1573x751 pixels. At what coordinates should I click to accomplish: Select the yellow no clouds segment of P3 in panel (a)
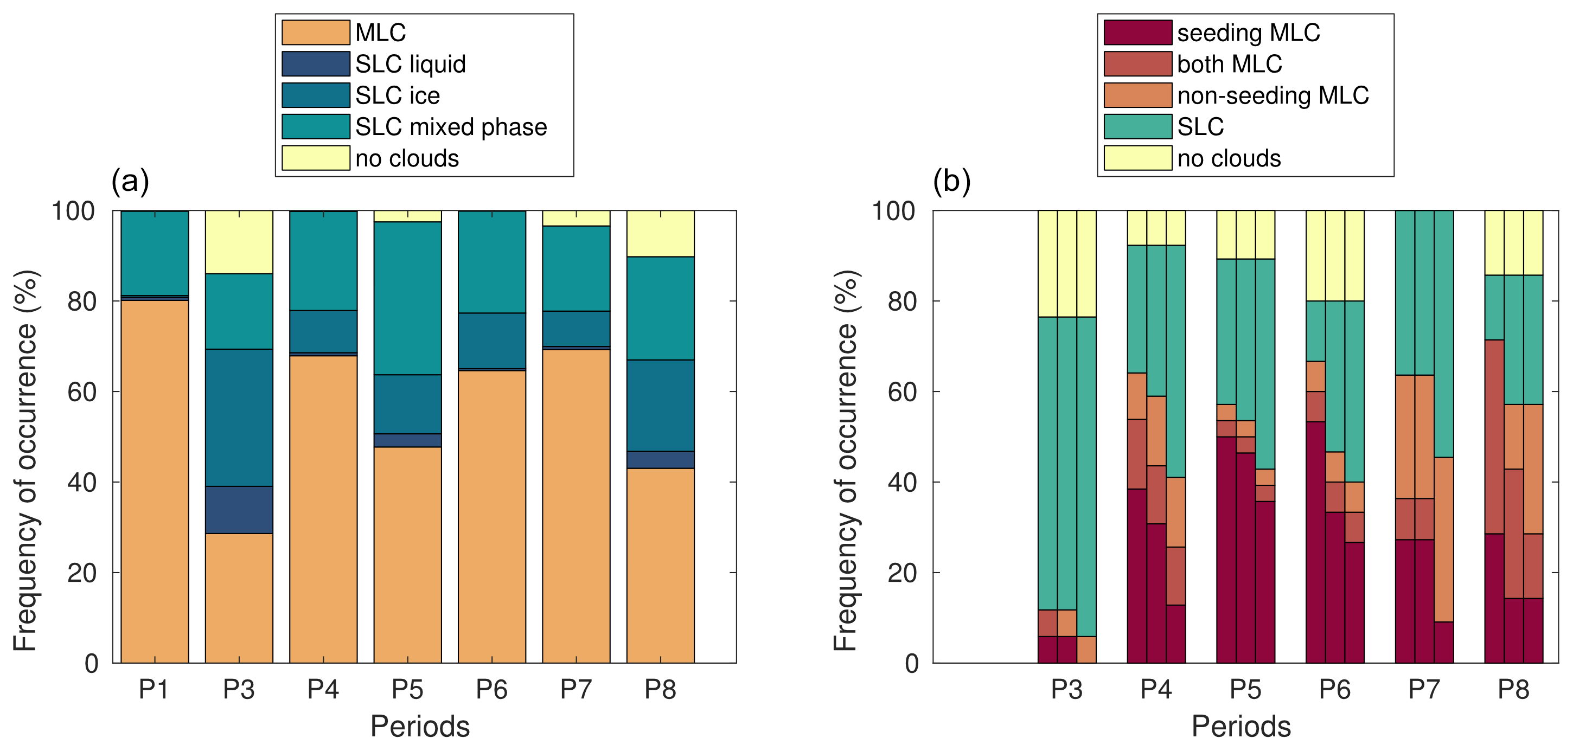pos(239,242)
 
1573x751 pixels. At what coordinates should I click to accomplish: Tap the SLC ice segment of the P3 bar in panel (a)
pos(239,417)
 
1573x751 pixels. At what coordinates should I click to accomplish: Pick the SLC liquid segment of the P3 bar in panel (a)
pos(239,509)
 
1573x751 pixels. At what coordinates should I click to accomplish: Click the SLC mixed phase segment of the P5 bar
pos(407,298)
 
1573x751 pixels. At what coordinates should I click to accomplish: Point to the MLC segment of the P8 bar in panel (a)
pos(660,565)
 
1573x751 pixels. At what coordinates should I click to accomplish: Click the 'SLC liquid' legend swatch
pos(316,64)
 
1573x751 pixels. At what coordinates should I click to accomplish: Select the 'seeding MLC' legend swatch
pos(1137,33)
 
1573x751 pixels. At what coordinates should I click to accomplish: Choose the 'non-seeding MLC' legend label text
pos(1273,96)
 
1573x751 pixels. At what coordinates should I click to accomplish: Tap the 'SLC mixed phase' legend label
pos(451,127)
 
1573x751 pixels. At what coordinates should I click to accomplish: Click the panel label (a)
pos(130,181)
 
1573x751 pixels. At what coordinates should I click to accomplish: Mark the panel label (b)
pos(951,181)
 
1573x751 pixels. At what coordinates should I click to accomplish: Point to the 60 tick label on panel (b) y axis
pos(902,392)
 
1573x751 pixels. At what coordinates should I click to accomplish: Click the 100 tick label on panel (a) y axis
pos(73,211)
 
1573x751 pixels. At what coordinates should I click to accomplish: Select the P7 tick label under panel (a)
pos(576,689)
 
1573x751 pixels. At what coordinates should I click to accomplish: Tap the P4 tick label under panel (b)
pos(1156,689)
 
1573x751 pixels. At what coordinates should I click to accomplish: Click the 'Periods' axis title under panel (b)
pos(1241,727)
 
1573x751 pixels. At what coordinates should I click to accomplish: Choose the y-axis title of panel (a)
pos(25,461)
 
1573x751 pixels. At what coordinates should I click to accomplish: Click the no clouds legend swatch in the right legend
pos(1137,158)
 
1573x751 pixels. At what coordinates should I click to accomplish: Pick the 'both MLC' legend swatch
pos(1137,64)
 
